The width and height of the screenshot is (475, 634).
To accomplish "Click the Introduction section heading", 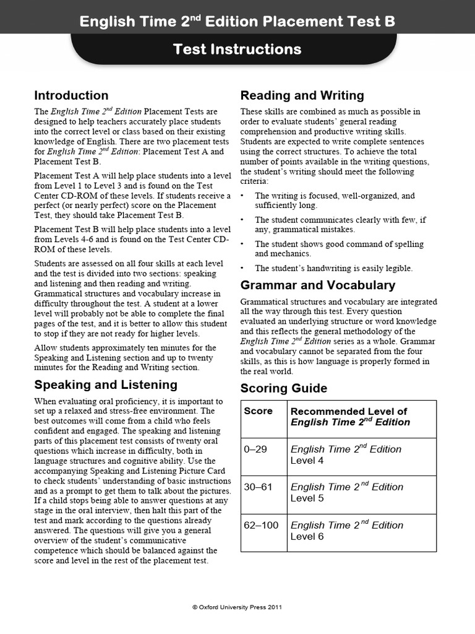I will (71, 95).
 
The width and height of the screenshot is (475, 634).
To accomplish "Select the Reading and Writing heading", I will (302, 95).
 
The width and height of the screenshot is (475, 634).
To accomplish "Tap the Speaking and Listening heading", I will (106, 384).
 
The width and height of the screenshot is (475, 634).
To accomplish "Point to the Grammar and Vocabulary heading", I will (317, 285).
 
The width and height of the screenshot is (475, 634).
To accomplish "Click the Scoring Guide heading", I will (284, 389).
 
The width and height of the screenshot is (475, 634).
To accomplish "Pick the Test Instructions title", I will (237, 50).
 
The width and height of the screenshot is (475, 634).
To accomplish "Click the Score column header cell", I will (259, 411).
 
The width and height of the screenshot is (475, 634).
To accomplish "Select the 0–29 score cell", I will (255, 449).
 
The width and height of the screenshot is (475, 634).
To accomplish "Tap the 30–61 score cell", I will (258, 487).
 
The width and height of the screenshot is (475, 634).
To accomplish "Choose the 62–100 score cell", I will (261, 525).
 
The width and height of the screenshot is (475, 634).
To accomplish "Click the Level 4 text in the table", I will (307, 461).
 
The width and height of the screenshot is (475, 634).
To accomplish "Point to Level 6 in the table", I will (307, 537).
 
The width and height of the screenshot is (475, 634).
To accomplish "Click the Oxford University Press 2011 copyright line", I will (237, 607).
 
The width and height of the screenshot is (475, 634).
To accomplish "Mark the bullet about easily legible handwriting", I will (333, 268).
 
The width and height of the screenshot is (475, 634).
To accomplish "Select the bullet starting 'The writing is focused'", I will (335, 200).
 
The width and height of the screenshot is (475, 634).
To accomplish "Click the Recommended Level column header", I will (350, 417).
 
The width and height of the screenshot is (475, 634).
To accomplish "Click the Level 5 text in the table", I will (307, 498).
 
